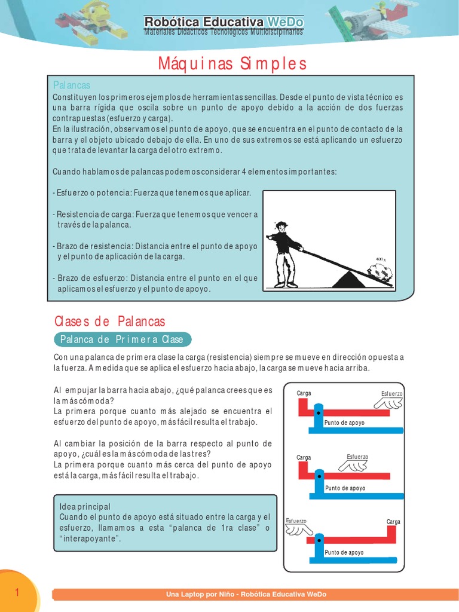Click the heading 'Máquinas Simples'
(x=232, y=63)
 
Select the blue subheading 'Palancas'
(x=72, y=85)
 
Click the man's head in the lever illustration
(x=281, y=227)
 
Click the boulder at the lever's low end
(x=381, y=273)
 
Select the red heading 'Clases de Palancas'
(x=109, y=322)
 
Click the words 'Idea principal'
(x=85, y=506)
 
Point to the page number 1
(x=17, y=592)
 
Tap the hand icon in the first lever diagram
(x=389, y=405)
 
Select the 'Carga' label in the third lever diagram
(x=393, y=522)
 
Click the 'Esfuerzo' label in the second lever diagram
(x=357, y=457)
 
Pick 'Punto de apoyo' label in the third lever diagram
(x=344, y=552)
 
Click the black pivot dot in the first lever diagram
(x=319, y=413)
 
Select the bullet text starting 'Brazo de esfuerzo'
(x=155, y=283)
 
